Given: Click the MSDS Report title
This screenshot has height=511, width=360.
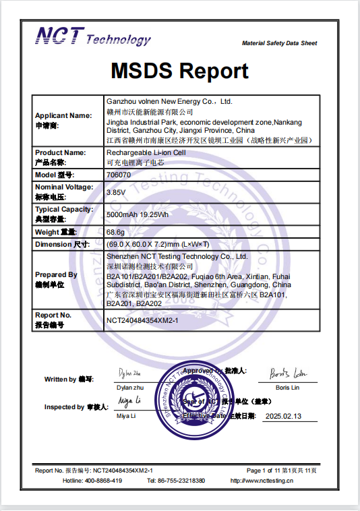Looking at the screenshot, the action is pyautogui.click(x=179, y=71).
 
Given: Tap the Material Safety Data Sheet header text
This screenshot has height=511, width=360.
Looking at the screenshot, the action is pyautogui.click(x=279, y=44).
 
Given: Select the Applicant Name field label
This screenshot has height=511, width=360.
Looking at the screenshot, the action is pyautogui.click(x=63, y=115).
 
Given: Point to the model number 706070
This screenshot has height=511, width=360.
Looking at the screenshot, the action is pyautogui.click(x=119, y=175).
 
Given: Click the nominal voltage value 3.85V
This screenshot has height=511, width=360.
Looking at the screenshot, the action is pyautogui.click(x=116, y=191).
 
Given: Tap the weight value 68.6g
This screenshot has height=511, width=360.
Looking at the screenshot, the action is pyautogui.click(x=115, y=232).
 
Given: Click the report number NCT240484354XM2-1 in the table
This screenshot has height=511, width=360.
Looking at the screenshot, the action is pyautogui.click(x=142, y=321).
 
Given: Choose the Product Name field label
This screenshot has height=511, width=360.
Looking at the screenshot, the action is pyautogui.click(x=60, y=153).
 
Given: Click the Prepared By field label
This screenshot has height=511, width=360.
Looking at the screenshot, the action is pyautogui.click(x=56, y=275).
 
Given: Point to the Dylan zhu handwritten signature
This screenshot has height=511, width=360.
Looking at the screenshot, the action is pyautogui.click(x=129, y=373).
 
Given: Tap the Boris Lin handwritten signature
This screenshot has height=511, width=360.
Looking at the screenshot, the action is pyautogui.click(x=287, y=373).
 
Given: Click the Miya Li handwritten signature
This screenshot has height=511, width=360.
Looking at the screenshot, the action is pyautogui.click(x=128, y=402).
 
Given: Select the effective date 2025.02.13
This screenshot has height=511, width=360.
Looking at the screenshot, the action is pyautogui.click(x=283, y=417).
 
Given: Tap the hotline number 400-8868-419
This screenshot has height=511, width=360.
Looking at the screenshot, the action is pyautogui.click(x=102, y=481).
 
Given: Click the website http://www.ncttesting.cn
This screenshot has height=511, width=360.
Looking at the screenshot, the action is pyautogui.click(x=262, y=481).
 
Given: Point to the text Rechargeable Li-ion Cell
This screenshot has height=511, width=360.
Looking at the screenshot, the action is pyautogui.click(x=146, y=153).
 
